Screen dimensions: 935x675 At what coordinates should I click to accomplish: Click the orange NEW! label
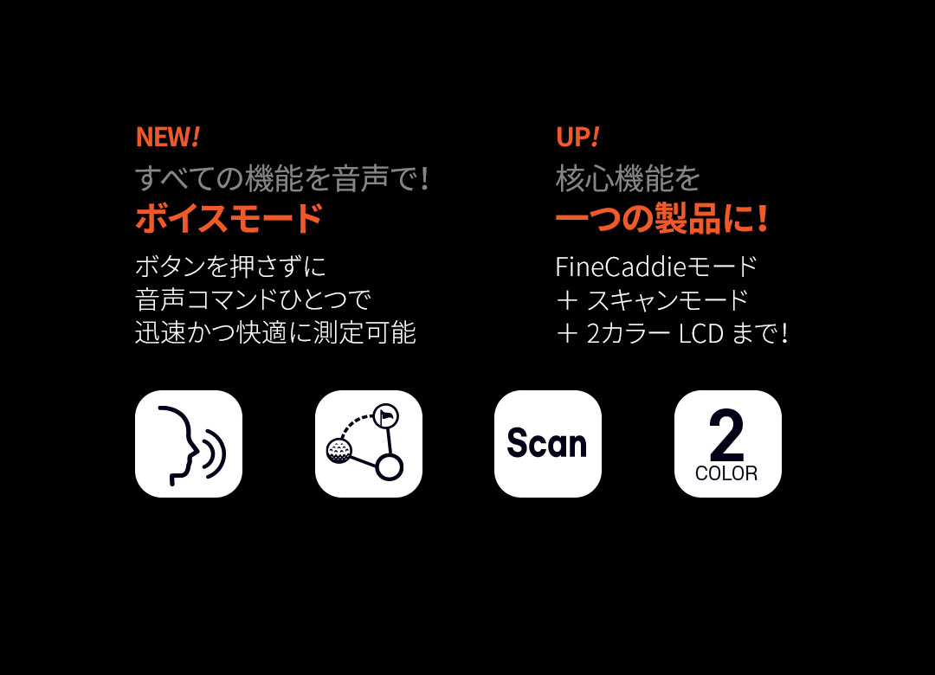168,137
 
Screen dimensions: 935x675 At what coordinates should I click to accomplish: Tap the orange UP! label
577,137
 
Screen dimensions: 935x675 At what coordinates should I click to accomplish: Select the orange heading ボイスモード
229,218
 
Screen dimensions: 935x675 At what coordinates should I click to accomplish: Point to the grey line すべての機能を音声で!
281,178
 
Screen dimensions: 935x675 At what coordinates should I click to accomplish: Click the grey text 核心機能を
628,178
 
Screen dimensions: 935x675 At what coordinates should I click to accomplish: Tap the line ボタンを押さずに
231,267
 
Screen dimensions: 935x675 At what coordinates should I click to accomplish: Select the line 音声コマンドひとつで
254,299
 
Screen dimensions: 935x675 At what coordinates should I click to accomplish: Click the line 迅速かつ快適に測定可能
275,332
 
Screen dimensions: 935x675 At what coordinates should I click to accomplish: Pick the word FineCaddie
620,267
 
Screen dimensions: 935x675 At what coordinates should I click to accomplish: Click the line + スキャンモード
652,300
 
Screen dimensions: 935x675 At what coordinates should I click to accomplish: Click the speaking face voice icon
189,444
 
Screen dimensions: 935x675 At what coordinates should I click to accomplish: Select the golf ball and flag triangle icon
369,444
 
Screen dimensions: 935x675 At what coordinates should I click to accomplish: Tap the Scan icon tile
548,444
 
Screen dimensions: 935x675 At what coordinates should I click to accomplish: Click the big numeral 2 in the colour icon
726,434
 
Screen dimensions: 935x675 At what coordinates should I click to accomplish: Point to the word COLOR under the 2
726,473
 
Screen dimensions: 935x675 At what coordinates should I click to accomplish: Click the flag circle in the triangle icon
385,415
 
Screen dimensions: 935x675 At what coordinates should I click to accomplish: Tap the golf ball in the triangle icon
339,450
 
